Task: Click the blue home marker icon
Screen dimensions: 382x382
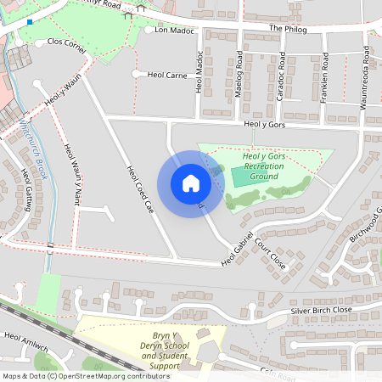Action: tap(191, 183)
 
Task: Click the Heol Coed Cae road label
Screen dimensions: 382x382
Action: tap(139, 188)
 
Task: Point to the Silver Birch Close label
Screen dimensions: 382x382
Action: tap(321, 311)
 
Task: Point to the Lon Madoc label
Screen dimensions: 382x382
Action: tap(175, 30)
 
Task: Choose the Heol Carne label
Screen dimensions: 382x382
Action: tap(166, 75)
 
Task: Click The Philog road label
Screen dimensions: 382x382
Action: tap(286, 28)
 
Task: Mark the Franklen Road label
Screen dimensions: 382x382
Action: tap(324, 79)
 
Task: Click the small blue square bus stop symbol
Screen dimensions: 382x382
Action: tap(30, 22)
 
